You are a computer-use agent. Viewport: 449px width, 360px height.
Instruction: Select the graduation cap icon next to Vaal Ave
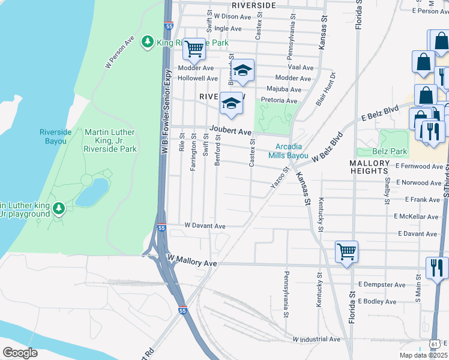click(x=243, y=70)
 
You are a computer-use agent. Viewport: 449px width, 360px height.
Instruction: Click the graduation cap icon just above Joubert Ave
click(x=232, y=103)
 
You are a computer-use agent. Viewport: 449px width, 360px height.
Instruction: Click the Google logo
click(x=20, y=353)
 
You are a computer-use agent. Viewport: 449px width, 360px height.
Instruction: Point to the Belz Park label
click(x=390, y=152)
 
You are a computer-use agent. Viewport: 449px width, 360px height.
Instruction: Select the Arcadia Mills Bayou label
click(x=292, y=151)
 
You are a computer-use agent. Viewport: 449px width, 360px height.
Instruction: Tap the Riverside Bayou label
click(x=55, y=136)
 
